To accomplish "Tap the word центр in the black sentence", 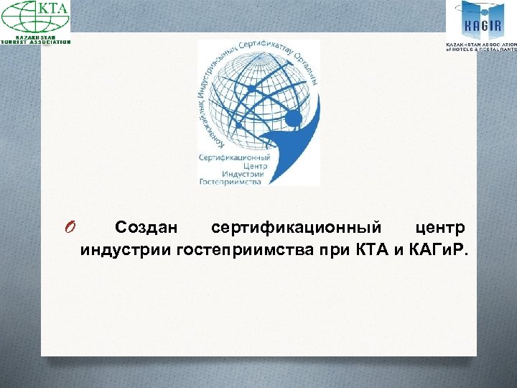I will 440,228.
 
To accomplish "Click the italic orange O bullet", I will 69,228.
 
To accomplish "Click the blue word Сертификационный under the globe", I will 233,157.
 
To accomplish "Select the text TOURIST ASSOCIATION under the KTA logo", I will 36,42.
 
